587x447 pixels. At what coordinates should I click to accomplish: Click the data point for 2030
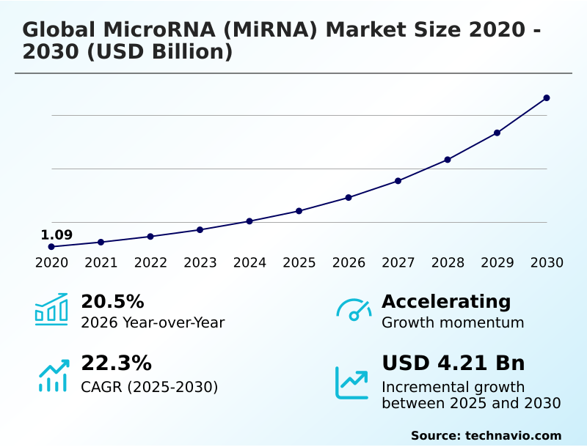click(x=547, y=97)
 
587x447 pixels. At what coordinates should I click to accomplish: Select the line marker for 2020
click(x=51, y=247)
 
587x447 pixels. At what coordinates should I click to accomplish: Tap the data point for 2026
click(x=349, y=197)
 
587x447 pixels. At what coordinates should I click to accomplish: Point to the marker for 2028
click(x=448, y=160)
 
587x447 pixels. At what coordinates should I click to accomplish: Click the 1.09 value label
click(x=56, y=235)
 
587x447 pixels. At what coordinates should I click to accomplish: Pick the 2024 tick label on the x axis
click(x=249, y=263)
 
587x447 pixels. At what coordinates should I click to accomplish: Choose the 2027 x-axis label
click(x=398, y=263)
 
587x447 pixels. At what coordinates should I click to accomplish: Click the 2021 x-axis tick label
click(x=101, y=263)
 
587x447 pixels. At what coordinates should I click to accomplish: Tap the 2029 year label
click(x=497, y=263)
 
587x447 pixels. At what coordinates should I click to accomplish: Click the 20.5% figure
click(x=112, y=301)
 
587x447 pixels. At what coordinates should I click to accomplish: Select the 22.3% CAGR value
click(x=116, y=363)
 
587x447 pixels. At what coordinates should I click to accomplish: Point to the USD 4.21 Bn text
click(x=453, y=363)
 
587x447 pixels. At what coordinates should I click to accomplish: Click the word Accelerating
click(x=446, y=301)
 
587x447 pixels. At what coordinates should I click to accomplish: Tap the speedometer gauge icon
click(x=354, y=310)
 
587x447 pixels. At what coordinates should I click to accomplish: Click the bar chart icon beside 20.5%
click(x=51, y=309)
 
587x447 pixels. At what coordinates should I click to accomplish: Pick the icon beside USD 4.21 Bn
click(x=352, y=383)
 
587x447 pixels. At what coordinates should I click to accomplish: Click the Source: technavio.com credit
click(x=486, y=435)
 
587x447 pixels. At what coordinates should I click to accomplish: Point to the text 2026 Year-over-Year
click(x=153, y=322)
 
